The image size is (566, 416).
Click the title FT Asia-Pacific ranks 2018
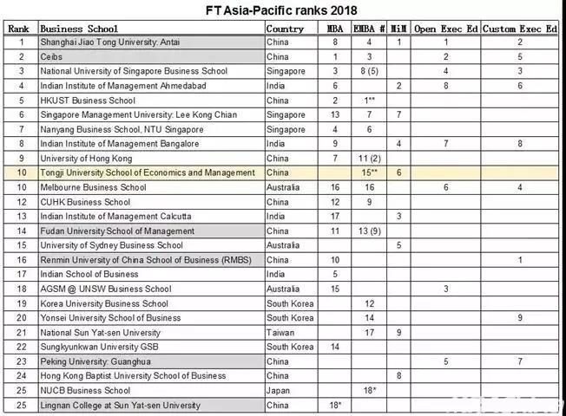pyautogui.click(x=283, y=10)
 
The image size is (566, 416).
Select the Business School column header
pyautogui.click(x=79, y=29)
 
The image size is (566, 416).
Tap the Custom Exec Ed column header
pyautogui.click(x=520, y=29)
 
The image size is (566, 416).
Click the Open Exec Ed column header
pyautogui.click(x=446, y=29)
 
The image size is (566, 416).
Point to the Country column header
pyautogui.click(x=285, y=29)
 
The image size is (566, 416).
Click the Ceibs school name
pyautogui.click(x=51, y=56)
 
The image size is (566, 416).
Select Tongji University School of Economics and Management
pyautogui.click(x=148, y=172)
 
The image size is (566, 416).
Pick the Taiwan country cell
pyautogui.click(x=280, y=332)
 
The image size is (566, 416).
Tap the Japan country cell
pyautogui.click(x=279, y=390)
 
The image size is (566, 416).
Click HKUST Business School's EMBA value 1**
pyautogui.click(x=369, y=101)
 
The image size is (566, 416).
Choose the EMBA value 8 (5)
pyautogui.click(x=369, y=71)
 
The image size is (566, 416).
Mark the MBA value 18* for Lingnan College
pyautogui.click(x=335, y=405)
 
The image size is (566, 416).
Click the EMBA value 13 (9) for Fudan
pyautogui.click(x=369, y=231)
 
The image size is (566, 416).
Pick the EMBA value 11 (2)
pyautogui.click(x=369, y=159)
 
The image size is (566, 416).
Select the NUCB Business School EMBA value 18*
pyautogui.click(x=369, y=390)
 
